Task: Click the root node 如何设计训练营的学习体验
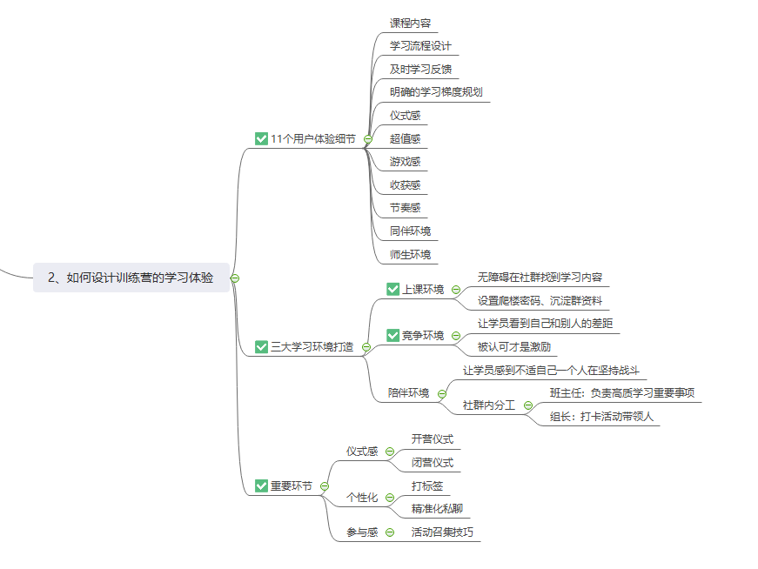(131, 278)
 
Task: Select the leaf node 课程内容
(410, 23)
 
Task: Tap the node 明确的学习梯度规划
(436, 92)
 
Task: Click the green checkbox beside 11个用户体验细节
(261, 138)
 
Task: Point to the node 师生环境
(410, 255)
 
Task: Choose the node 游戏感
(406, 162)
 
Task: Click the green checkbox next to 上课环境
(392, 290)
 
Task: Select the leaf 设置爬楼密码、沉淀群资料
(540, 301)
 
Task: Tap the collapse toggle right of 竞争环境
(455, 336)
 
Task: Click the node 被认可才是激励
(513, 347)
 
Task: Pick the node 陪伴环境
(408, 393)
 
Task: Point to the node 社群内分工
(488, 405)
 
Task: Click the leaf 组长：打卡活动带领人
(601, 417)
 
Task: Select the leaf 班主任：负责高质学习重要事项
(621, 393)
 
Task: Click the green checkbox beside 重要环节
(261, 485)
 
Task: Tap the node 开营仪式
(433, 439)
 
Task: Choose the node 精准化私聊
(437, 509)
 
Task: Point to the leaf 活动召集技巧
(442, 532)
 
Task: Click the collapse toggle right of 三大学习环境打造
(366, 347)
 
